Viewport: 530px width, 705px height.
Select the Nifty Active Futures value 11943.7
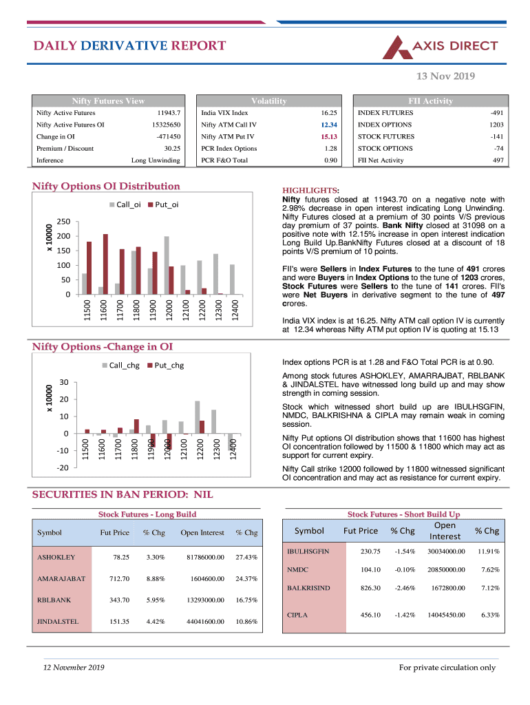click(169, 113)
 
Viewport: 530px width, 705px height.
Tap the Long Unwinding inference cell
click(156, 160)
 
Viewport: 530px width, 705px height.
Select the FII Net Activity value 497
click(498, 160)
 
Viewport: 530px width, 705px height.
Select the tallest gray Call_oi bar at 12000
click(167, 265)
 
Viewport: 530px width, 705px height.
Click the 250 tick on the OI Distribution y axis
click(63, 222)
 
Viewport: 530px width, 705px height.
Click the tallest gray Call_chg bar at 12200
click(197, 417)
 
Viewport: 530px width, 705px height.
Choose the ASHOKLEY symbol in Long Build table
click(56, 557)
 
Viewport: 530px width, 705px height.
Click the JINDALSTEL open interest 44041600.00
click(202, 622)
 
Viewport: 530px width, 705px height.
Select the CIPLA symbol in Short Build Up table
click(297, 615)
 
